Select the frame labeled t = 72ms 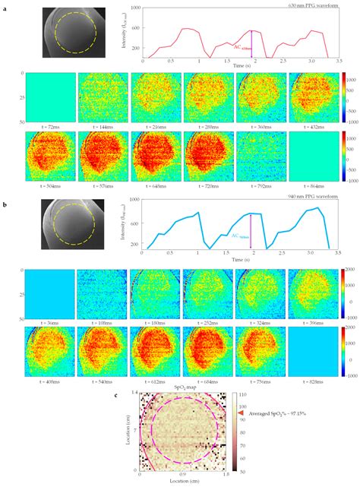[x=49, y=96]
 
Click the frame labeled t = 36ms [x=49, y=293]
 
